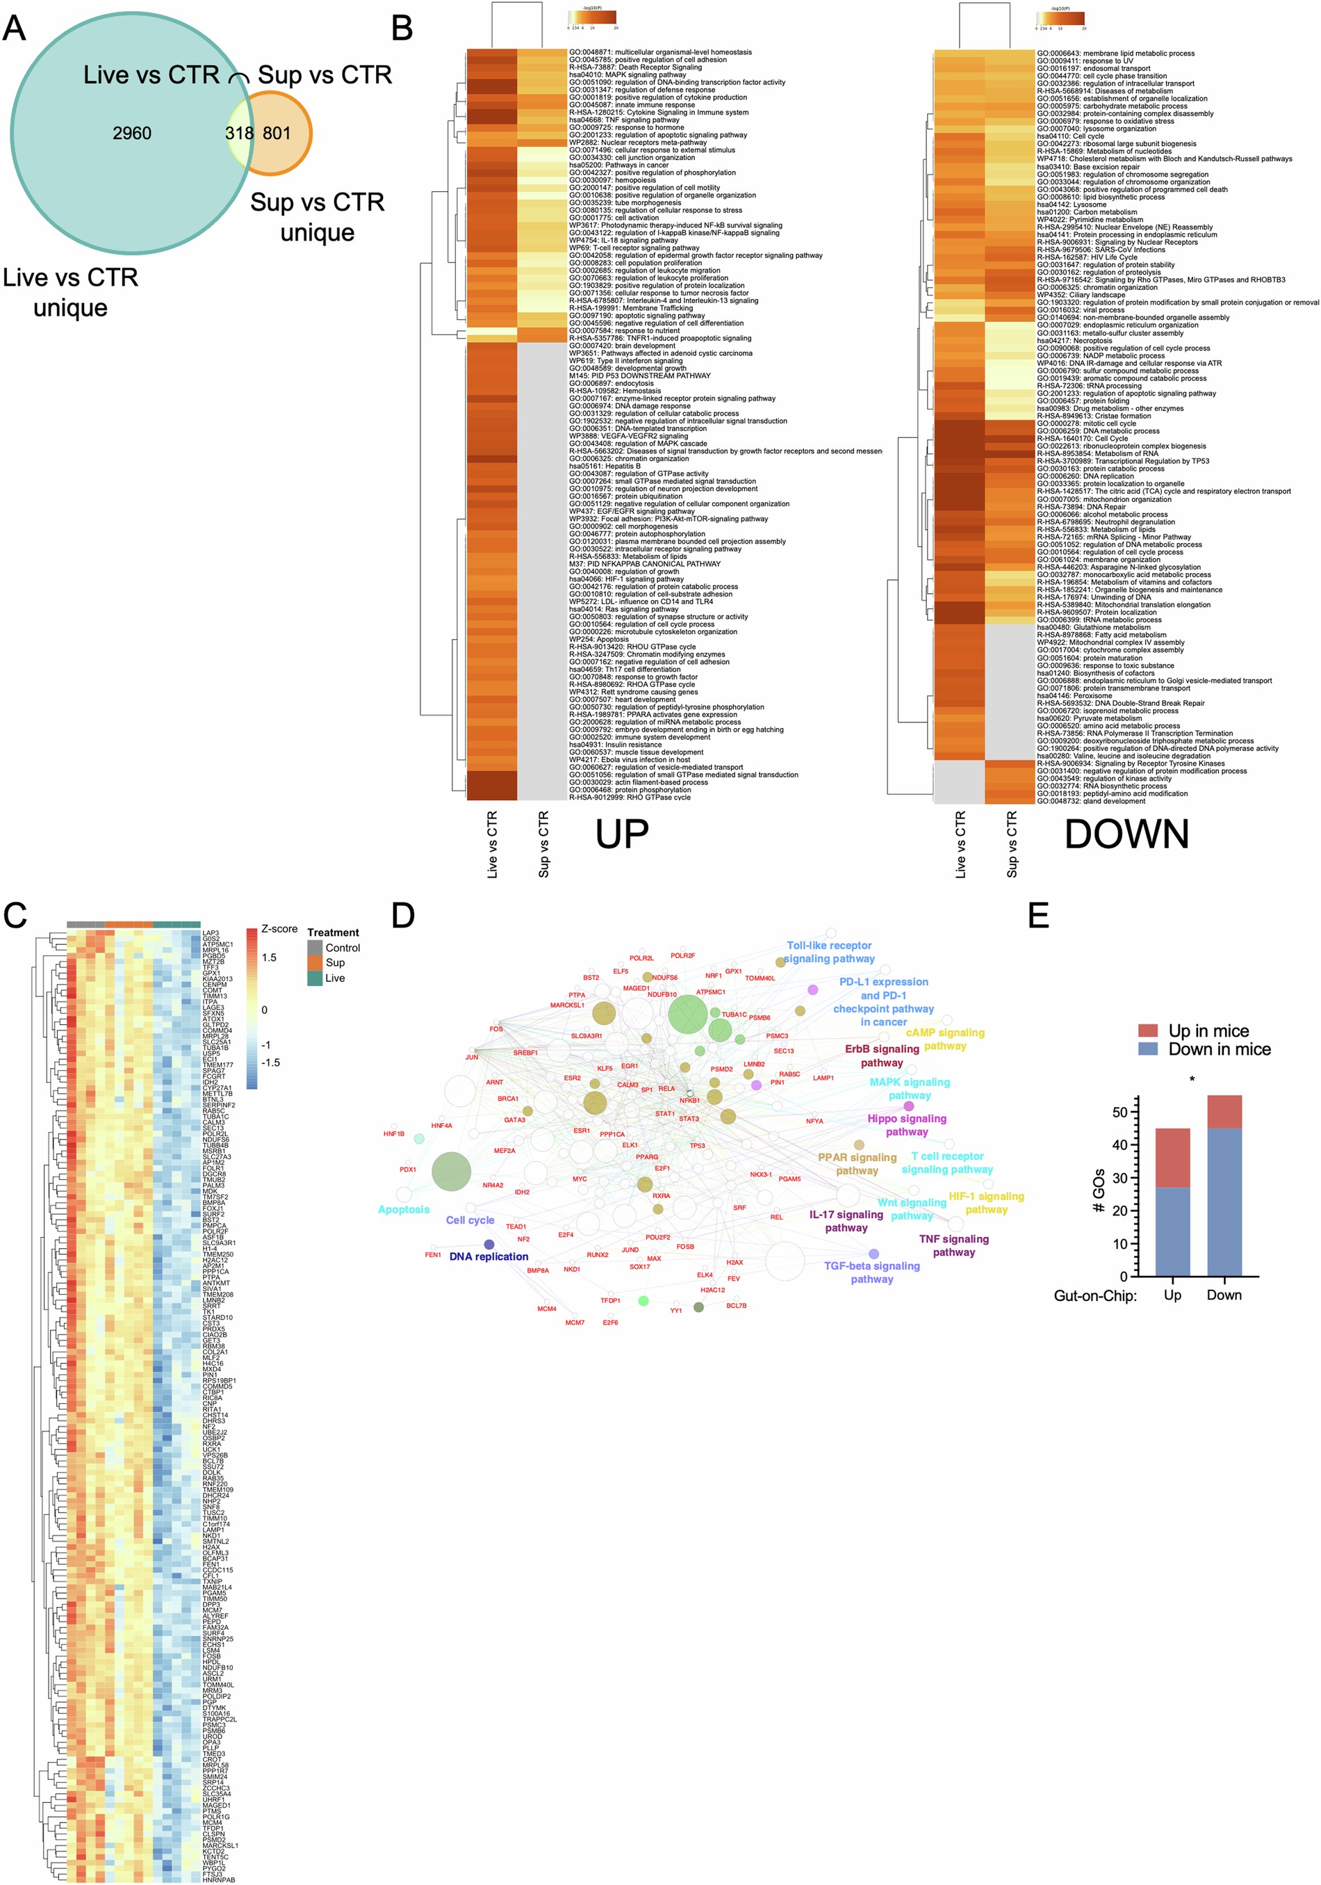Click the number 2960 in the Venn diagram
[x=131, y=133]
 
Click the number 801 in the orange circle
[x=277, y=133]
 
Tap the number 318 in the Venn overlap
[x=240, y=133]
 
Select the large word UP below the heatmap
[x=621, y=834]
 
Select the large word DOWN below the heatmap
[x=1126, y=834]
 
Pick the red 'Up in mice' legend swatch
[x=1148, y=1030]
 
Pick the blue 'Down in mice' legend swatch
[x=1148, y=1049]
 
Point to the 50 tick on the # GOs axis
[x=1119, y=1112]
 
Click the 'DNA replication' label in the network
[x=489, y=1256]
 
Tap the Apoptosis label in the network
[x=404, y=1209]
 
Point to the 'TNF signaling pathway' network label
[x=953, y=1245]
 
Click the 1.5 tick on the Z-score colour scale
[x=269, y=957]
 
